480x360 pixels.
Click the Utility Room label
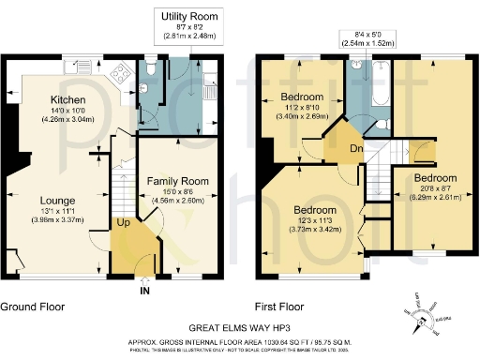pyautogui.click(x=190, y=16)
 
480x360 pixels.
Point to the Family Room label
pyautogui.click(x=177, y=180)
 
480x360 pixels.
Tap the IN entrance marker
pyautogui.click(x=144, y=291)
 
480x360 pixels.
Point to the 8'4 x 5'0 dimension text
pyautogui.click(x=367, y=35)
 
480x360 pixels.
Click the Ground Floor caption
pyautogui.click(x=31, y=307)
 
